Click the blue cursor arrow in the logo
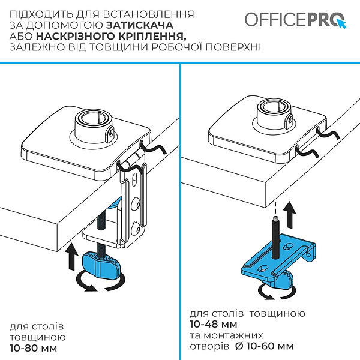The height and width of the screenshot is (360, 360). click(343, 23)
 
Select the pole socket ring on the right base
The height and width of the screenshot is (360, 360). click(275, 112)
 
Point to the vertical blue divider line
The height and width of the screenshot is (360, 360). click(180, 210)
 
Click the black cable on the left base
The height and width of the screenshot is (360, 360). click(151, 150)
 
